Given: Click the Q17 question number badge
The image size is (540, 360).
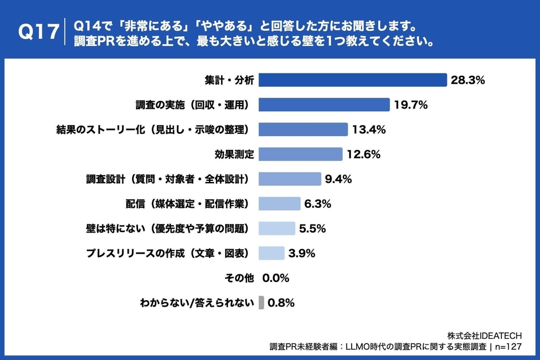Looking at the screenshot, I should [x=38, y=33].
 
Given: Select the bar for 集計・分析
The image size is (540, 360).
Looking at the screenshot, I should [x=352, y=80].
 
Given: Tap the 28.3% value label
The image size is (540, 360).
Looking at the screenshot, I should [x=468, y=80].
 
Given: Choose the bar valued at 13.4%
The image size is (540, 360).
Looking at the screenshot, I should [x=303, y=129].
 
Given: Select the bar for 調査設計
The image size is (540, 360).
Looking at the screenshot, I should [x=290, y=179].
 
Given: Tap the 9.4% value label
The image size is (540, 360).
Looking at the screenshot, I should [x=338, y=179].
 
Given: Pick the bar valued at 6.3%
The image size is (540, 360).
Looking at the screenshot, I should [x=279, y=203].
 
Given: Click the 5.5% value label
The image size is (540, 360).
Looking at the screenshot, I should [x=313, y=229].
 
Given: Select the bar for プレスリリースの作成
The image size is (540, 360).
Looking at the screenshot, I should [x=271, y=253].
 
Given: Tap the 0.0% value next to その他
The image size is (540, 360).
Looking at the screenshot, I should [x=276, y=278].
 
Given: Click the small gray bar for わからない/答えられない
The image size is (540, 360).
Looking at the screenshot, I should [x=261, y=303].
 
